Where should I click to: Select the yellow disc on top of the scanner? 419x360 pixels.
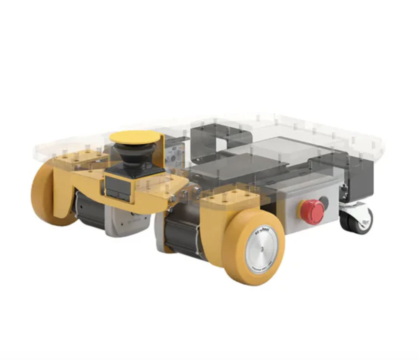(x=135, y=137)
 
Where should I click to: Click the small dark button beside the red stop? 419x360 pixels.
(x=324, y=201)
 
